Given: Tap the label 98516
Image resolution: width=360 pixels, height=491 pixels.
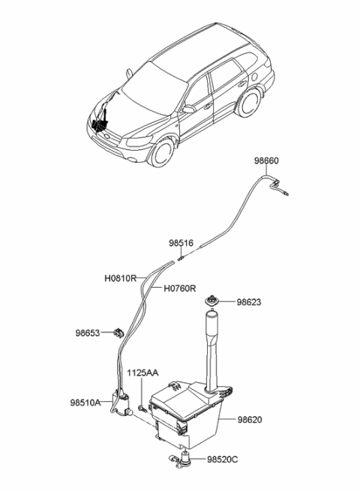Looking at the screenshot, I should (x=181, y=244).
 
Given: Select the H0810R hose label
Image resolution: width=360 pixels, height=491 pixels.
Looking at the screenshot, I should (x=121, y=277).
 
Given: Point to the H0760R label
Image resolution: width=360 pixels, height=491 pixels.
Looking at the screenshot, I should (x=180, y=288).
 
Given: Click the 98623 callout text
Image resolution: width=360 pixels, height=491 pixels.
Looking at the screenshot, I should (x=250, y=303).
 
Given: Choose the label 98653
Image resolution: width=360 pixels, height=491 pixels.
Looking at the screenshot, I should (x=87, y=333).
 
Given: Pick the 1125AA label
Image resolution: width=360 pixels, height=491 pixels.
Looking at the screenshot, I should (x=142, y=372).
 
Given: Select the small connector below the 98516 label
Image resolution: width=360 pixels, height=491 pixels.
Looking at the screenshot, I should (x=181, y=257).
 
